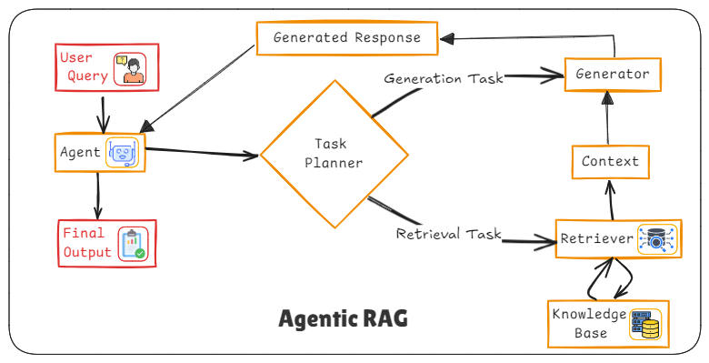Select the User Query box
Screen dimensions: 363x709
104,66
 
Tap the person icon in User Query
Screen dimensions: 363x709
129,68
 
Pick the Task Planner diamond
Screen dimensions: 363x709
325,154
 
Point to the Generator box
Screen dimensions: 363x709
613,75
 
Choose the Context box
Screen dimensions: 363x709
610,162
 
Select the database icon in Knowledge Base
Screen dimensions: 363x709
647,325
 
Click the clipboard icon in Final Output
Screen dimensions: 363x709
133,243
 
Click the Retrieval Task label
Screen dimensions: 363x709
449,234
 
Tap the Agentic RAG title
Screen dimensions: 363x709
343,319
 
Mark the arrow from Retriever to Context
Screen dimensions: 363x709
611,199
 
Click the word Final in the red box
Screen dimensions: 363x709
84,233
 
